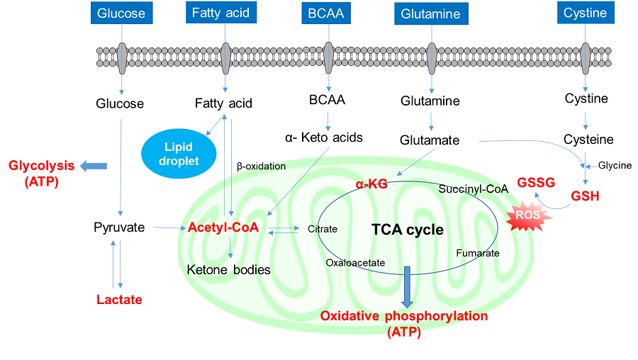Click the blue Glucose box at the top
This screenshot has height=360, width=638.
[121, 13]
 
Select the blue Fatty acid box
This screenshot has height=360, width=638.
[220, 13]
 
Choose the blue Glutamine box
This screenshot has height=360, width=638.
[430, 13]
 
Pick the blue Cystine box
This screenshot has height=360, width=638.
[585, 13]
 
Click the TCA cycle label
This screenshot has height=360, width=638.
[408, 230]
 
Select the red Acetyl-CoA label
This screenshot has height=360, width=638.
[223, 227]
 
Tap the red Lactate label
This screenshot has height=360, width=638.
[119, 299]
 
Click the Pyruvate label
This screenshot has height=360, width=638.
[119, 227]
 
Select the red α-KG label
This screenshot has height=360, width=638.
[371, 184]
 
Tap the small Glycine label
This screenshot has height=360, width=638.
[615, 165]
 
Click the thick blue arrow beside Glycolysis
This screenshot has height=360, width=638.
[93, 166]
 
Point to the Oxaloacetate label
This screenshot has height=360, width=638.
[355, 262]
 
